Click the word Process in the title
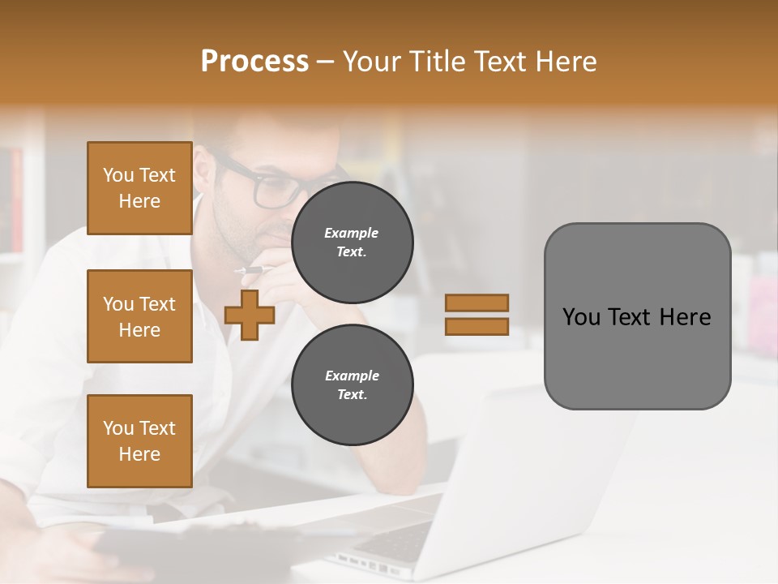(254, 62)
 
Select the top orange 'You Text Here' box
(139, 188)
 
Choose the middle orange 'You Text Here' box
(139, 316)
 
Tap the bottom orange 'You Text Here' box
(139, 440)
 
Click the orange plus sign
(250, 315)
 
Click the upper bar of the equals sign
(477, 303)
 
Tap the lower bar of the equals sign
(477, 326)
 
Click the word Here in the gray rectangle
(685, 317)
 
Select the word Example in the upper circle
(352, 233)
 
